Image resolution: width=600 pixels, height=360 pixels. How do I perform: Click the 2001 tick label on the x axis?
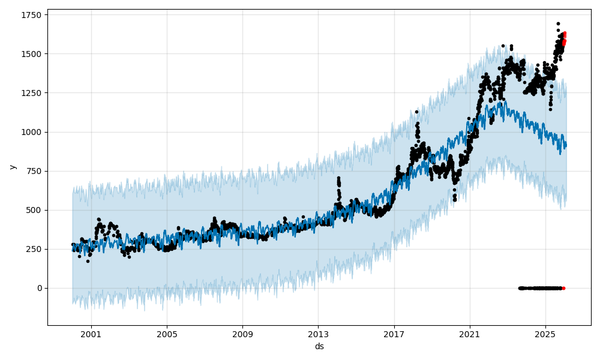[x=91, y=334]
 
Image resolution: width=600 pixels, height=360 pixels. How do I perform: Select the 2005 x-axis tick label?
[x=167, y=334]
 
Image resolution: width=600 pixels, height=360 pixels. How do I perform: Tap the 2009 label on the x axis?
[x=242, y=334]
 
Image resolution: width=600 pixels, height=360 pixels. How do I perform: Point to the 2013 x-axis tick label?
[x=319, y=334]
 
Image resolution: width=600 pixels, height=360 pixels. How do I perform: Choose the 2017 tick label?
[x=394, y=334]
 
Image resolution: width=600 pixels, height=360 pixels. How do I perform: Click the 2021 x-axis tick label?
[x=470, y=334]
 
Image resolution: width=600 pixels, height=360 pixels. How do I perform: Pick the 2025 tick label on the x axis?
[x=545, y=334]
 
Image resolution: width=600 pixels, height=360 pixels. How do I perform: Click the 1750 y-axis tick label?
[x=30, y=15]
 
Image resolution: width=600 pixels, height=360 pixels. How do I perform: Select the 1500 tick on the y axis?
[x=30, y=54]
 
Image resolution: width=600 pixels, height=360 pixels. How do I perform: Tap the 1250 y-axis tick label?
[x=30, y=93]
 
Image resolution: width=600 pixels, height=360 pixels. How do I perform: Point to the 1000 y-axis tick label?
[x=30, y=132]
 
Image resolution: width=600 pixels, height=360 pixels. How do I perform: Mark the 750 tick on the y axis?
[x=32, y=171]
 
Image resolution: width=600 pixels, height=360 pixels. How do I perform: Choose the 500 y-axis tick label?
[x=32, y=210]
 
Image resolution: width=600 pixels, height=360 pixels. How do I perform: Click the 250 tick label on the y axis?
[x=32, y=249]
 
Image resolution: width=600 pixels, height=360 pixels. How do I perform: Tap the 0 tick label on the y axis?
[x=40, y=288]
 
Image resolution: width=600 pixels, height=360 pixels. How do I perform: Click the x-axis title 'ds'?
[x=319, y=346]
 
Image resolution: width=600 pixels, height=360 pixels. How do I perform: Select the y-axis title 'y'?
[x=11, y=167]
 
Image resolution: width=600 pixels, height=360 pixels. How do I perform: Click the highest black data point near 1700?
[x=558, y=24]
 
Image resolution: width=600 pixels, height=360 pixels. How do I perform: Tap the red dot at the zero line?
[x=563, y=288]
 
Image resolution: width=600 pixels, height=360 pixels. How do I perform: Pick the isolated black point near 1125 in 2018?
[x=416, y=112]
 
